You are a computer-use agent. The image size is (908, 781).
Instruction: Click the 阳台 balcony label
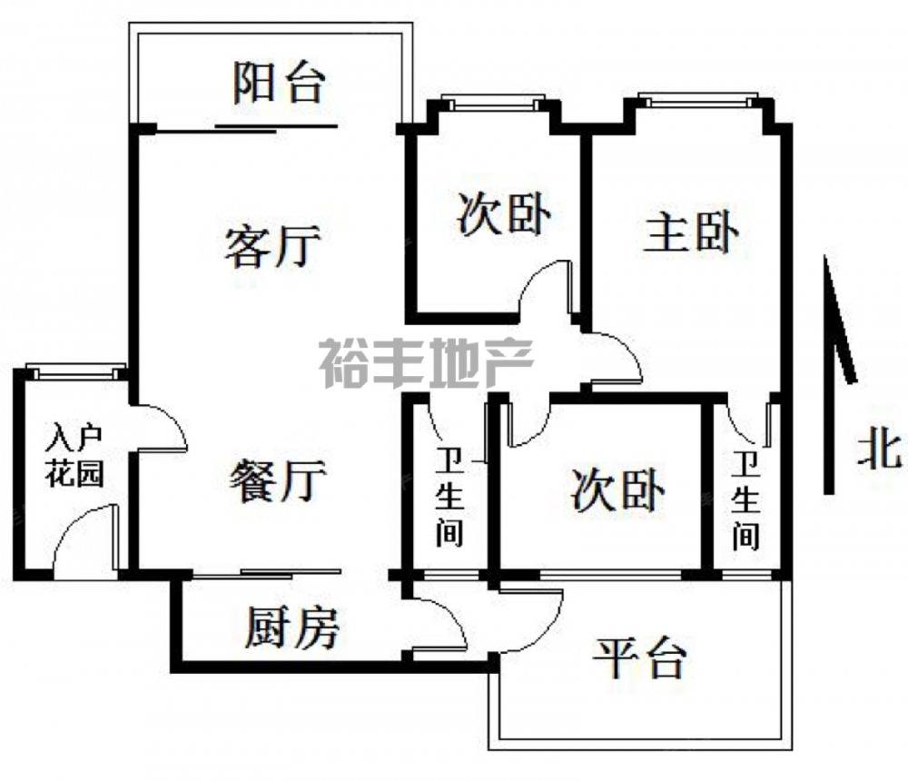pos(279,83)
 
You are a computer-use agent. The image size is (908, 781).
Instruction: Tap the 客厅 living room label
pos(272,246)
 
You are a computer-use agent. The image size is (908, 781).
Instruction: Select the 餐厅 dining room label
pos(278,480)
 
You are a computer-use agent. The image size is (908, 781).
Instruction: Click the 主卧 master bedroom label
pos(691,233)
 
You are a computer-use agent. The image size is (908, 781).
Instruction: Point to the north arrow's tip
pos(827,260)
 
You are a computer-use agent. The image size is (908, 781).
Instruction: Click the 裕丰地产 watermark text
pos(426,363)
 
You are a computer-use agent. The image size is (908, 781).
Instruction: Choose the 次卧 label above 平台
pos(617,490)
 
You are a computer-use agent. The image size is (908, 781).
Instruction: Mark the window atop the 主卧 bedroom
pos(697,98)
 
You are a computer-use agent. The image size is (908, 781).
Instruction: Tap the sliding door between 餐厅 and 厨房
pos(267,573)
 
